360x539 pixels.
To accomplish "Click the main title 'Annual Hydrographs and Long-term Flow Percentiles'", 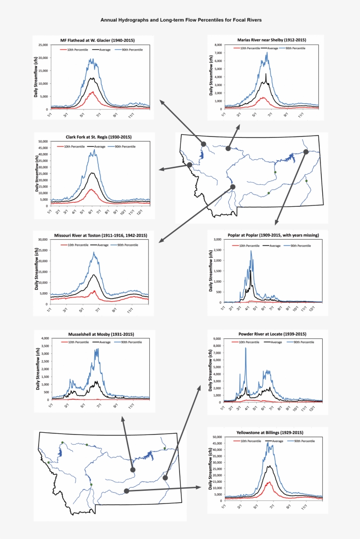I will coord(181,20).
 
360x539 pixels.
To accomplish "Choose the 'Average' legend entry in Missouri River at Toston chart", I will coord(103,244).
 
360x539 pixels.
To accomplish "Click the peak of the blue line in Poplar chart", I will coord(251,251).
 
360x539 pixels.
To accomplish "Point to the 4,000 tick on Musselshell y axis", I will coord(44,338).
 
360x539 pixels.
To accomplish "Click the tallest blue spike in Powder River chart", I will coord(245,348).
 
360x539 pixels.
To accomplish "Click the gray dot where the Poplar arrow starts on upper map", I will coord(306,152).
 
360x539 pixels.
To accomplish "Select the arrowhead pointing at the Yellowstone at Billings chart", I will coord(198,487).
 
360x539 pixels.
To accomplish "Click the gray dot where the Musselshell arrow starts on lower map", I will coord(133,470).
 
